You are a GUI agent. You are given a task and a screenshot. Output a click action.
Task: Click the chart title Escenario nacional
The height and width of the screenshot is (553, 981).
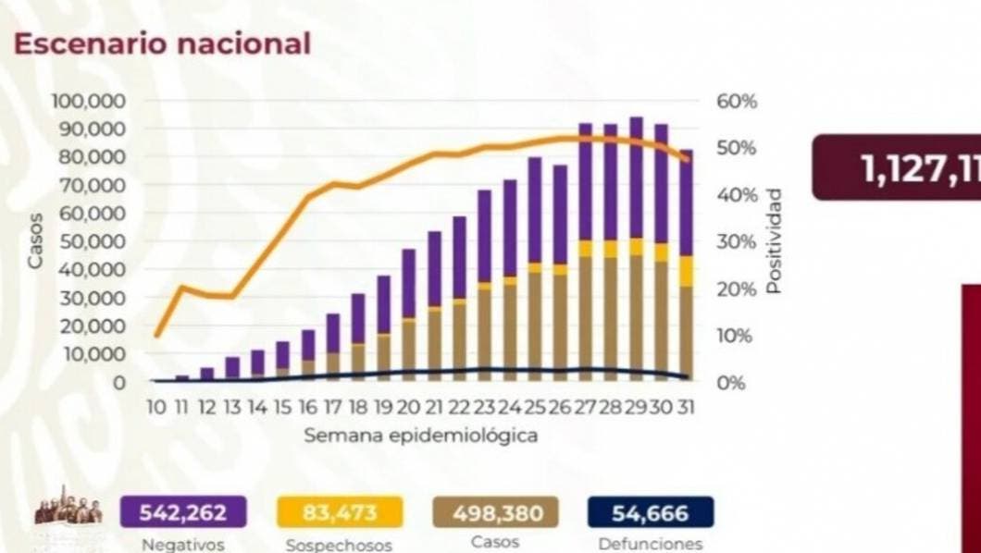[161, 43]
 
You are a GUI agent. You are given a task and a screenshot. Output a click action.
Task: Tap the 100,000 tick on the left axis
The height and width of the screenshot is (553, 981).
[90, 100]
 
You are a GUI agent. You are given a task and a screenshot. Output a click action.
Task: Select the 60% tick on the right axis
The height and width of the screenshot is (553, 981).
[737, 100]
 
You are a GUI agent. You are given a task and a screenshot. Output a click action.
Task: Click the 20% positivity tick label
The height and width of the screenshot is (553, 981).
[737, 289]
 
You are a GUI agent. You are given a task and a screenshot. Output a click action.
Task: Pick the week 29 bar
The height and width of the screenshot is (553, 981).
[636, 250]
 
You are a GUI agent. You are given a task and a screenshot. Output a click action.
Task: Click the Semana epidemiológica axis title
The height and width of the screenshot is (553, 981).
[421, 434]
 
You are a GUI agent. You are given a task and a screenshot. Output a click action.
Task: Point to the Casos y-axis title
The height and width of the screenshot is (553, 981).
[35, 240]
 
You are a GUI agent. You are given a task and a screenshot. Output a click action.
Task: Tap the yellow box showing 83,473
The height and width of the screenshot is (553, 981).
[340, 511]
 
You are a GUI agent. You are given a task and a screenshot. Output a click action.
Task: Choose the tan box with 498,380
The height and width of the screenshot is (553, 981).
[495, 511]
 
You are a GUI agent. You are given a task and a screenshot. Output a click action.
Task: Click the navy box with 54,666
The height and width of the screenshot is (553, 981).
[651, 511]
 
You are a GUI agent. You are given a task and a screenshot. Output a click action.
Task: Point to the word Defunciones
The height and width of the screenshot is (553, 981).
[651, 544]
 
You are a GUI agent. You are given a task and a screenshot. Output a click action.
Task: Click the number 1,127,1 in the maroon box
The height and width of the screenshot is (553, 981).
[916, 168]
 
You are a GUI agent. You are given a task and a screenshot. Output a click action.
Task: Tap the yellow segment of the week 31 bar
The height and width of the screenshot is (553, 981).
[686, 271]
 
